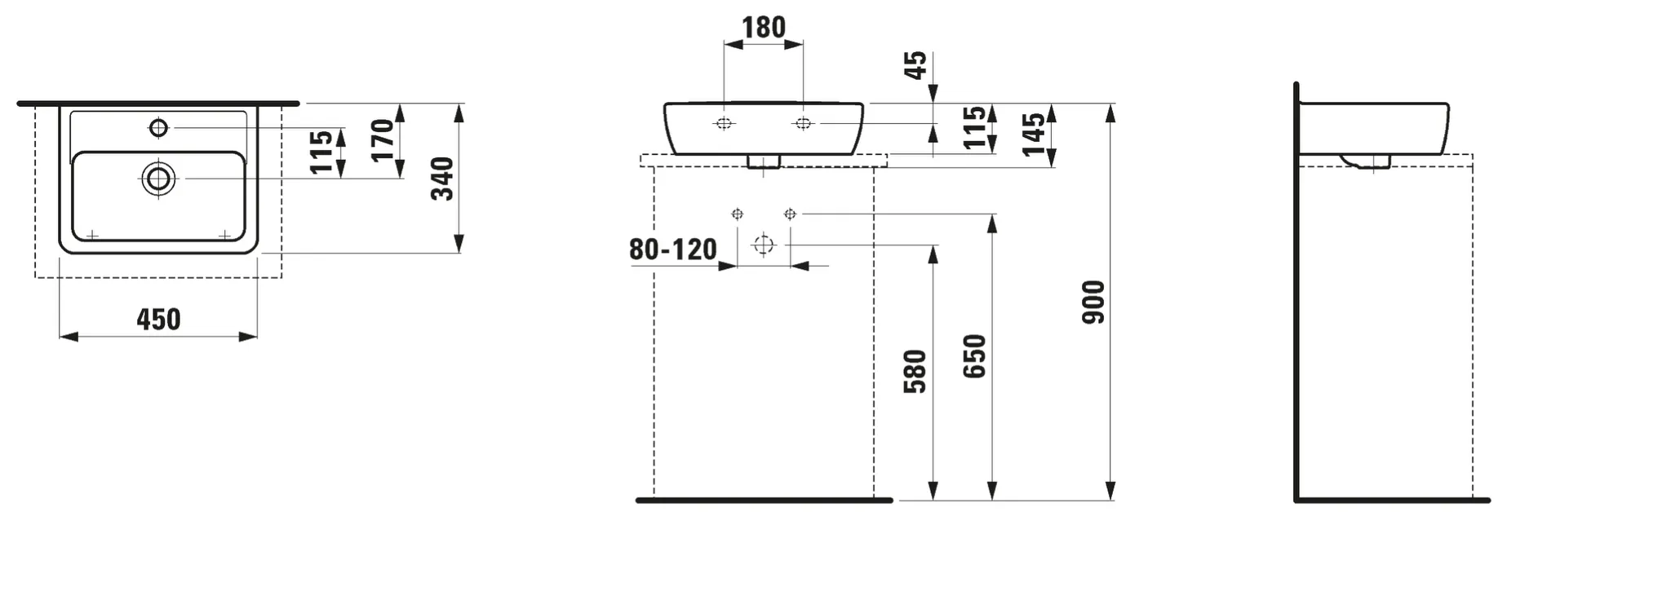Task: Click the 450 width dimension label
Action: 158,320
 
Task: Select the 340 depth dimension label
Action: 442,179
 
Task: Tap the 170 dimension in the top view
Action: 383,140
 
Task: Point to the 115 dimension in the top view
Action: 322,152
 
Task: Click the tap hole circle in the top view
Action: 158,127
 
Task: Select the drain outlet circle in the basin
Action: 158,179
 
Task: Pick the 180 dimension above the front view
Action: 763,28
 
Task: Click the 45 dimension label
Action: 916,65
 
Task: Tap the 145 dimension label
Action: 1033,135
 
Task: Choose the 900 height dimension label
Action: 1093,302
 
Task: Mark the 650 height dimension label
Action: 974,356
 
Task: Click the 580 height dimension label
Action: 915,372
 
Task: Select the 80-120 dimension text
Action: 672,250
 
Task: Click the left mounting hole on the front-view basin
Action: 724,123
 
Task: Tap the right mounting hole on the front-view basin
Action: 803,123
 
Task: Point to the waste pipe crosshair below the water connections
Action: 763,245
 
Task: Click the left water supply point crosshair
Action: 737,214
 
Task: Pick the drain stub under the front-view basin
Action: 764,161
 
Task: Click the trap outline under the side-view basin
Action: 1366,162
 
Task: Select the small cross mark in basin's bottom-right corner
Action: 224,235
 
